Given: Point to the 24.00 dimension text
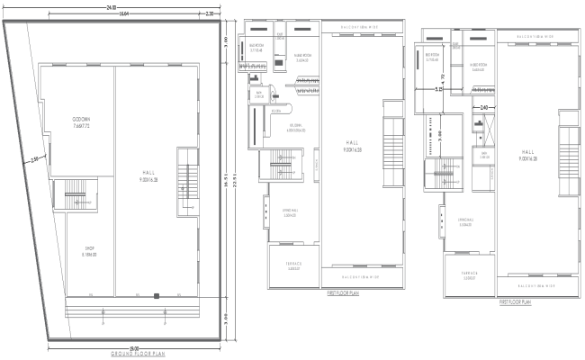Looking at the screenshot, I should point(112,7).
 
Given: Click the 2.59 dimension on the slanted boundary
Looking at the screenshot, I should point(33,160).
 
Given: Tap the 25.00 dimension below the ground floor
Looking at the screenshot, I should point(133,346).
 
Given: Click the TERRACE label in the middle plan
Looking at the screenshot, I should point(293,265).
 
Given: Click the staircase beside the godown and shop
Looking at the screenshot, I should point(71,194).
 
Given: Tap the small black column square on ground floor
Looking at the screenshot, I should point(156,295).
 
